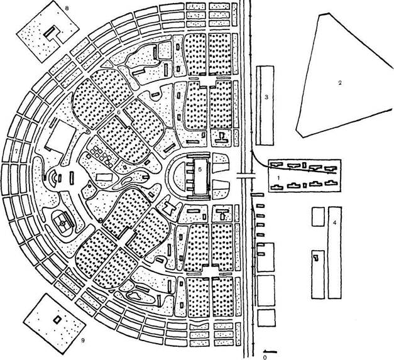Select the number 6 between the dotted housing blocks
point(118,112)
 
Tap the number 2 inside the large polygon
point(339,83)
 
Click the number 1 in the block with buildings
point(277,179)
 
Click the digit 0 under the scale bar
point(266,356)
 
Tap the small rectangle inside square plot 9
point(58,319)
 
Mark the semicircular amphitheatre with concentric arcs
point(56,178)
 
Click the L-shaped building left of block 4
point(316,263)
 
